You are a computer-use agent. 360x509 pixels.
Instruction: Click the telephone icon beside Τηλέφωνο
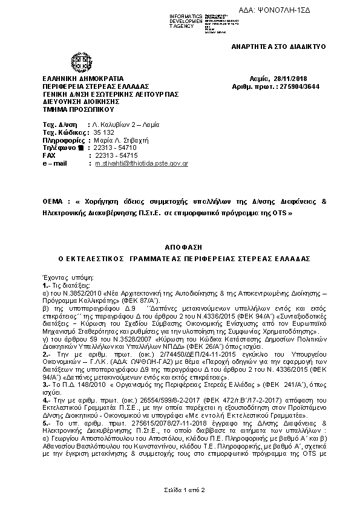tap(79, 148)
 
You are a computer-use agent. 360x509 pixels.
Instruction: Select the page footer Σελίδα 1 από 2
tap(179, 490)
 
